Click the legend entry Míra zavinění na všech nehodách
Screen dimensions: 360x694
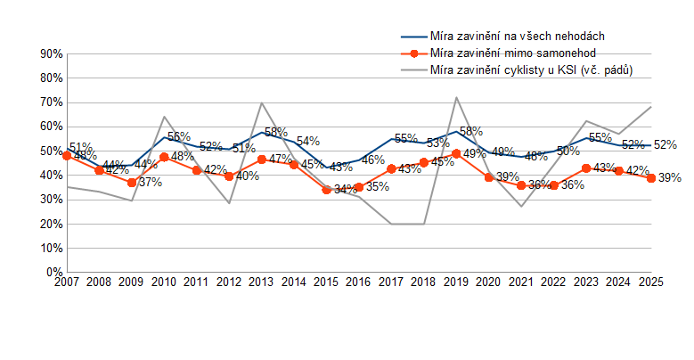coord(518,36)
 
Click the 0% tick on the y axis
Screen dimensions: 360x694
coord(54,272)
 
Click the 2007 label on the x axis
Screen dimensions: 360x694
coord(67,282)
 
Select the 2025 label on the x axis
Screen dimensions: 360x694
coord(651,282)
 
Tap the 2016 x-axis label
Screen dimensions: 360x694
coord(359,282)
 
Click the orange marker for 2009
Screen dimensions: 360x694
coord(132,183)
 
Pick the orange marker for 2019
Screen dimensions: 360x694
coord(457,153)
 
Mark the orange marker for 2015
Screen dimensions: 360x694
coord(327,190)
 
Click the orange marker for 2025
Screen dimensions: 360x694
coord(651,178)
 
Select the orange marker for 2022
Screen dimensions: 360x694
coord(554,185)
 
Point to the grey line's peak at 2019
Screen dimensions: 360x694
coord(456,97)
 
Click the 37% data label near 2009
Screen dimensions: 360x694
coord(150,183)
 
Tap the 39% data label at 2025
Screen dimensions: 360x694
coord(670,178)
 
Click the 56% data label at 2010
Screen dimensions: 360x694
coord(179,137)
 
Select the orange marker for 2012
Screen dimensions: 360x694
coord(229,176)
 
